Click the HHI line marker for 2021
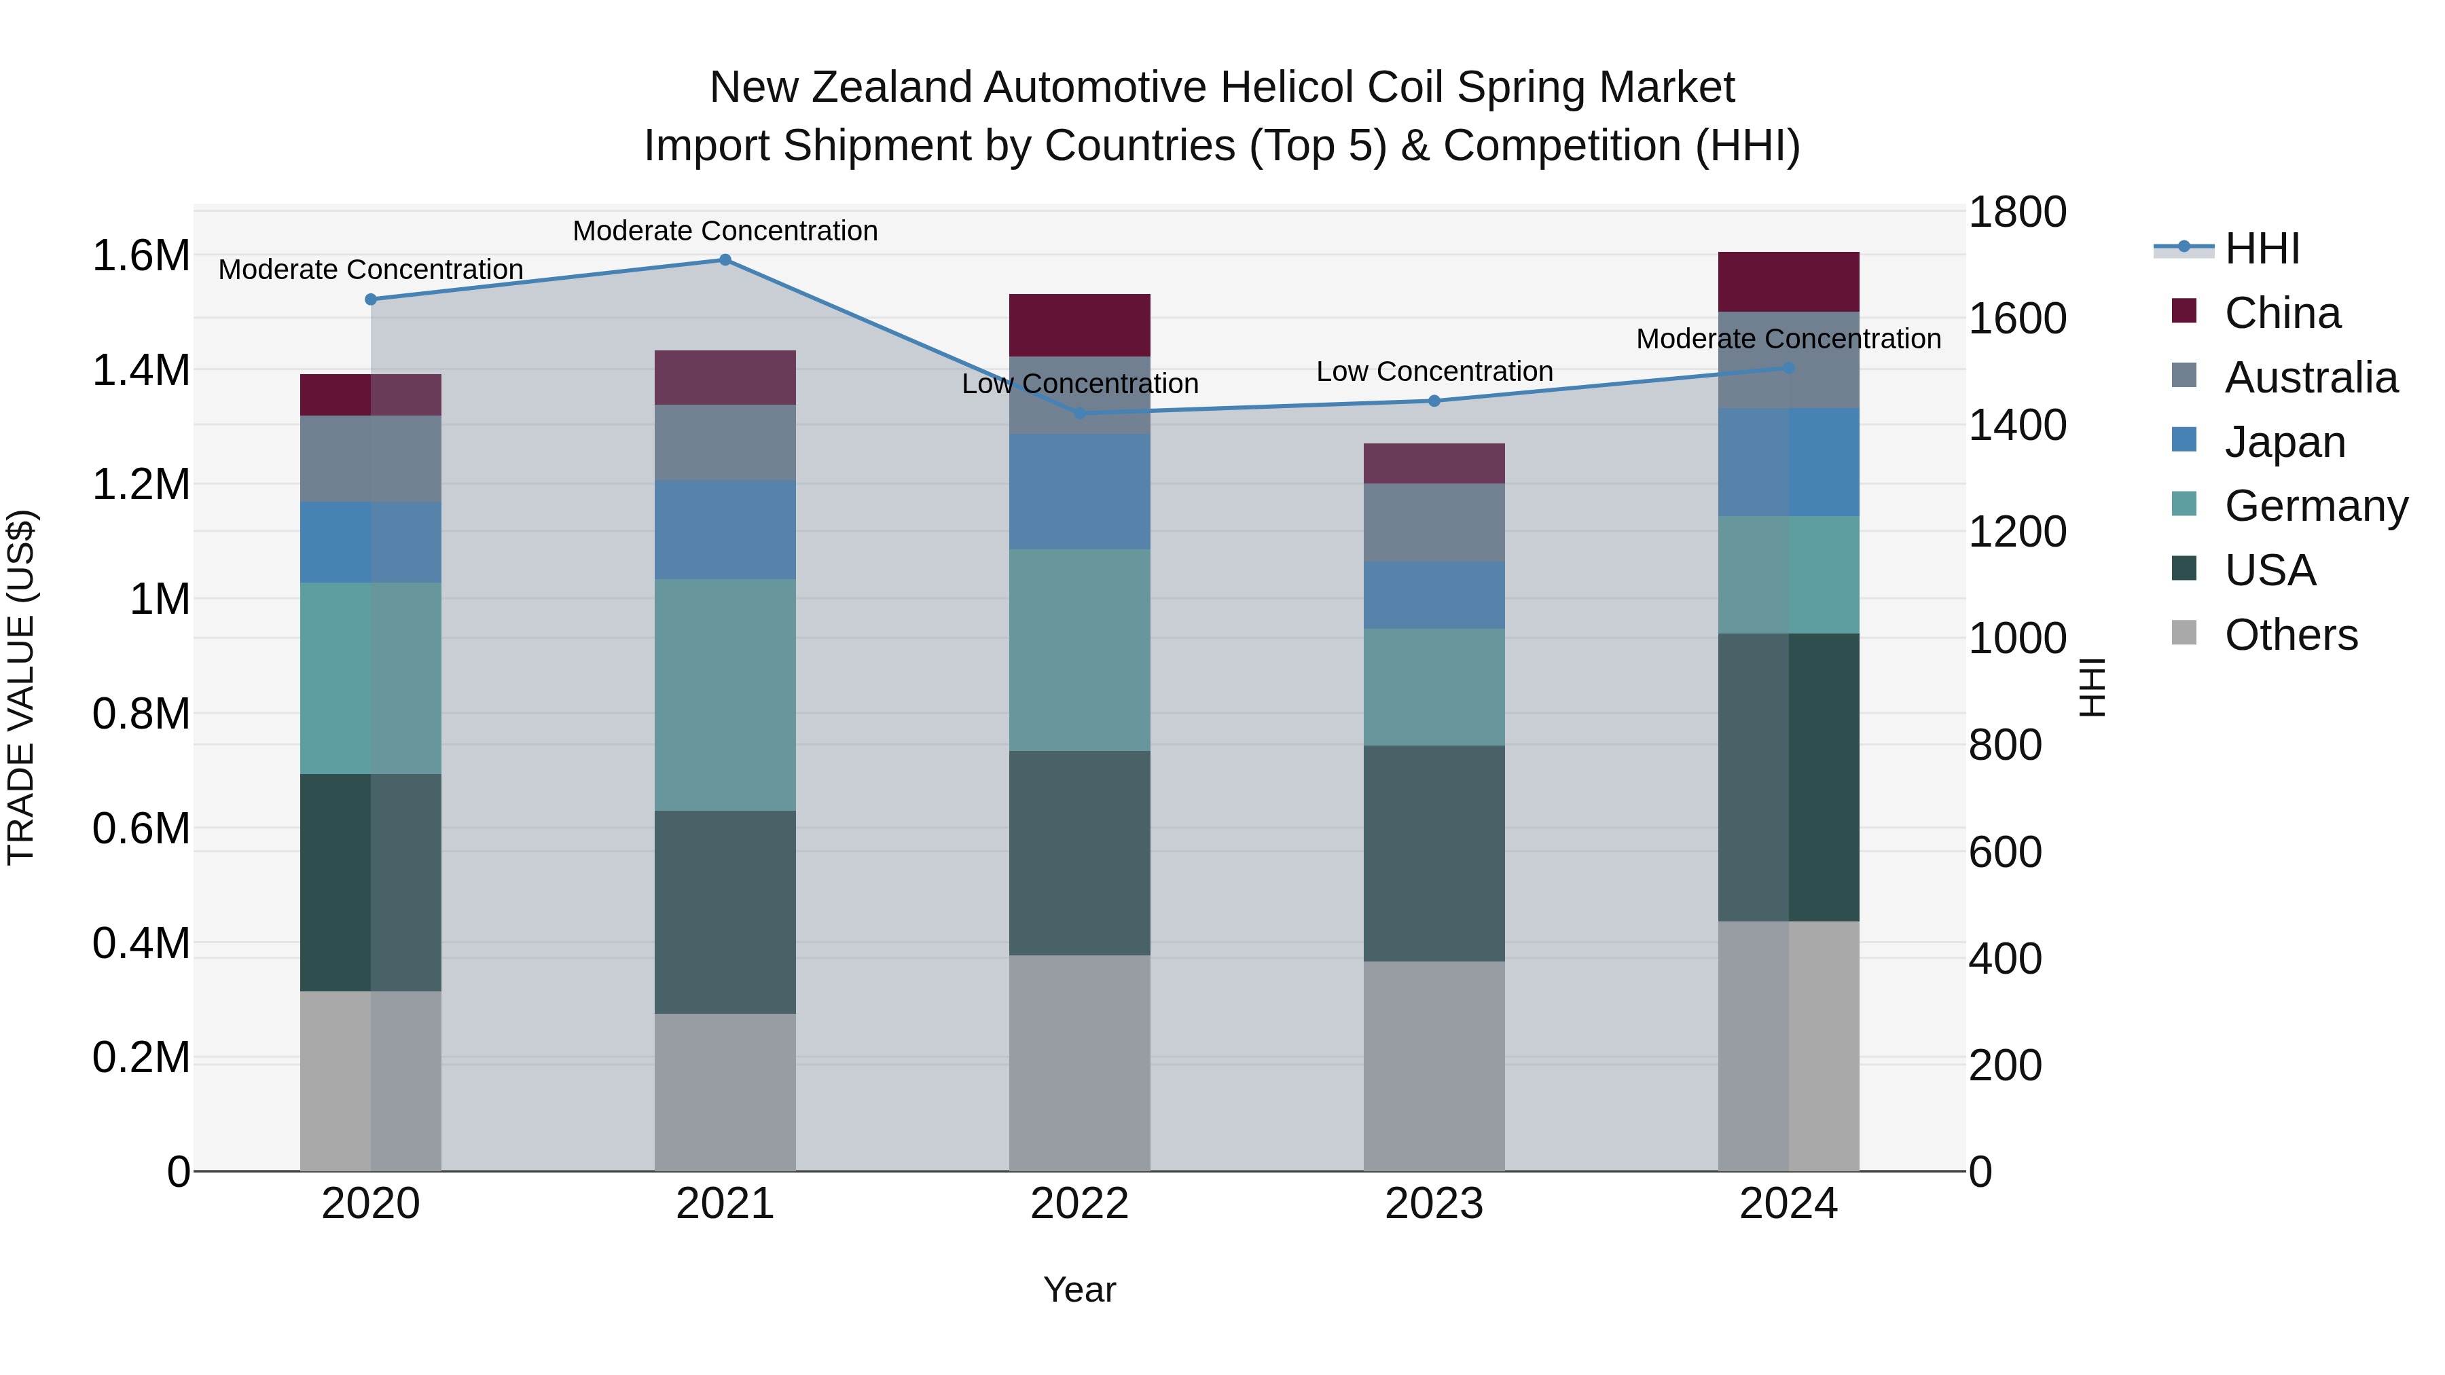pos(725,260)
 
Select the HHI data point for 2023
pos(1434,401)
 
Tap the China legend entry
pos(2282,313)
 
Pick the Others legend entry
pos(2290,635)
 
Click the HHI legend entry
pos(2262,249)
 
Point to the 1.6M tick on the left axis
pos(141,256)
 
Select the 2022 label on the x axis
pos(1079,1204)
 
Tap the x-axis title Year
pos(1079,1289)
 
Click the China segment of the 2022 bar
pos(1079,325)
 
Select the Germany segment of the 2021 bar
pos(725,695)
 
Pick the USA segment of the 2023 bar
pos(1434,853)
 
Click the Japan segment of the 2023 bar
pos(1434,595)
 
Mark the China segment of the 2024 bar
pos(1788,282)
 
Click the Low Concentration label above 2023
pos(1434,372)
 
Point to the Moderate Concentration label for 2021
pos(725,231)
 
